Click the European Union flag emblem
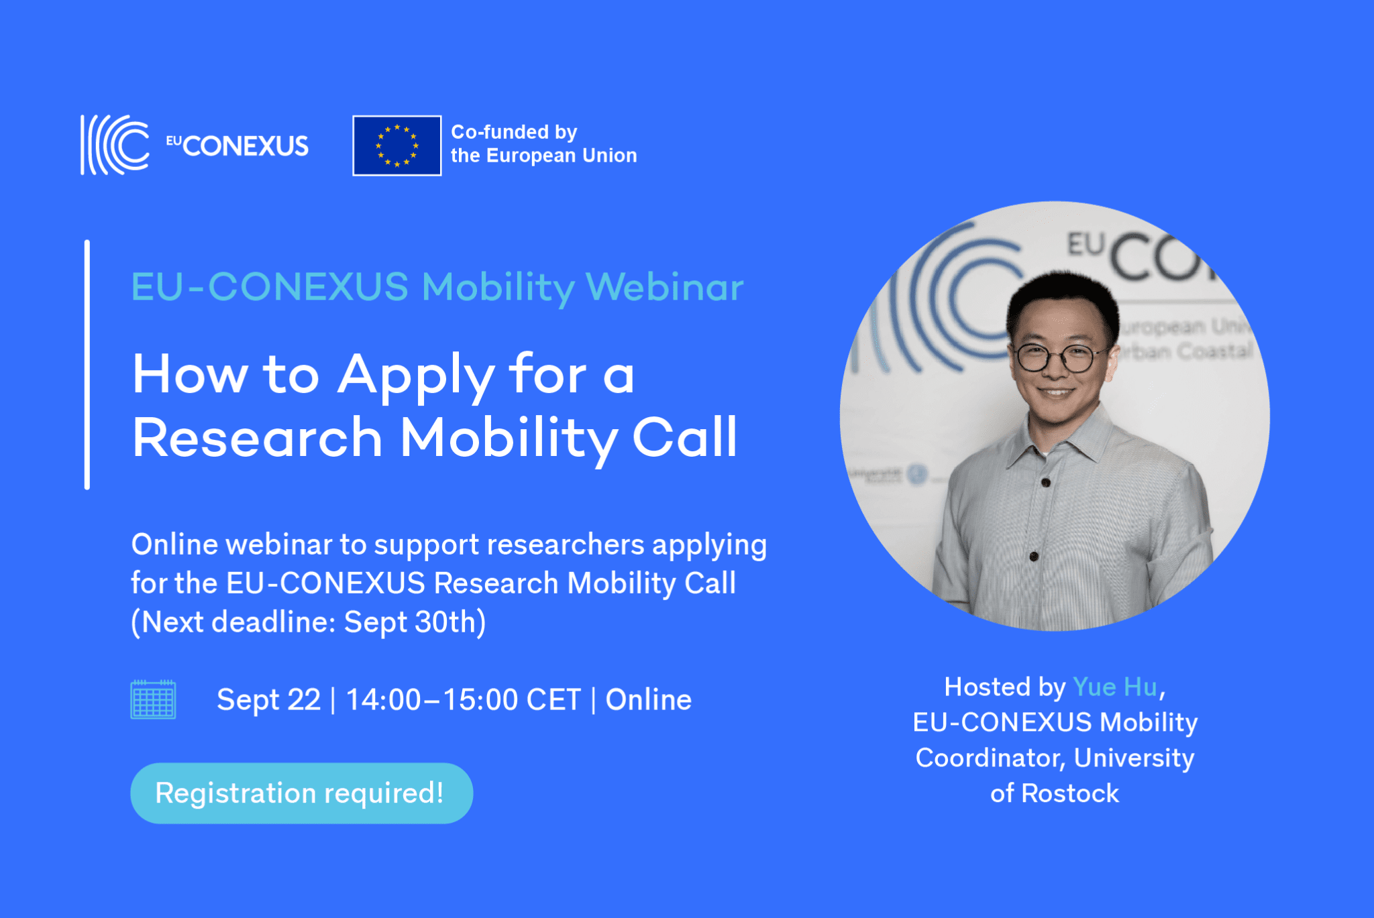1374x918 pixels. coord(397,146)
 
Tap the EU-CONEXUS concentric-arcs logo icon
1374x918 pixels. coord(115,145)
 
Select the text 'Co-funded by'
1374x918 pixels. coord(514,132)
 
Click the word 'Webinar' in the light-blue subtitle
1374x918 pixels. coord(664,287)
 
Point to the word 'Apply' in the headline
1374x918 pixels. coord(415,376)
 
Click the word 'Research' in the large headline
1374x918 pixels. coord(257,438)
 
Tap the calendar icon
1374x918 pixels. coord(153,699)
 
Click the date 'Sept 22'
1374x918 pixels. coord(268,700)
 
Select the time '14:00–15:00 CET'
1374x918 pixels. coord(463,700)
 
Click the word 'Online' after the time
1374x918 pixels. coord(648,700)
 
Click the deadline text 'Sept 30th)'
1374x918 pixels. coord(415,622)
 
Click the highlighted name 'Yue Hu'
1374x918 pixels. coord(1114,687)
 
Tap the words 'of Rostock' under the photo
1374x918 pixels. coord(1055,794)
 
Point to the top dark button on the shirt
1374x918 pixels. coord(1045,482)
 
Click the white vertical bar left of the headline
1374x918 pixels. coord(87,365)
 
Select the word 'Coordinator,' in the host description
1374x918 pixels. coord(990,758)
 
